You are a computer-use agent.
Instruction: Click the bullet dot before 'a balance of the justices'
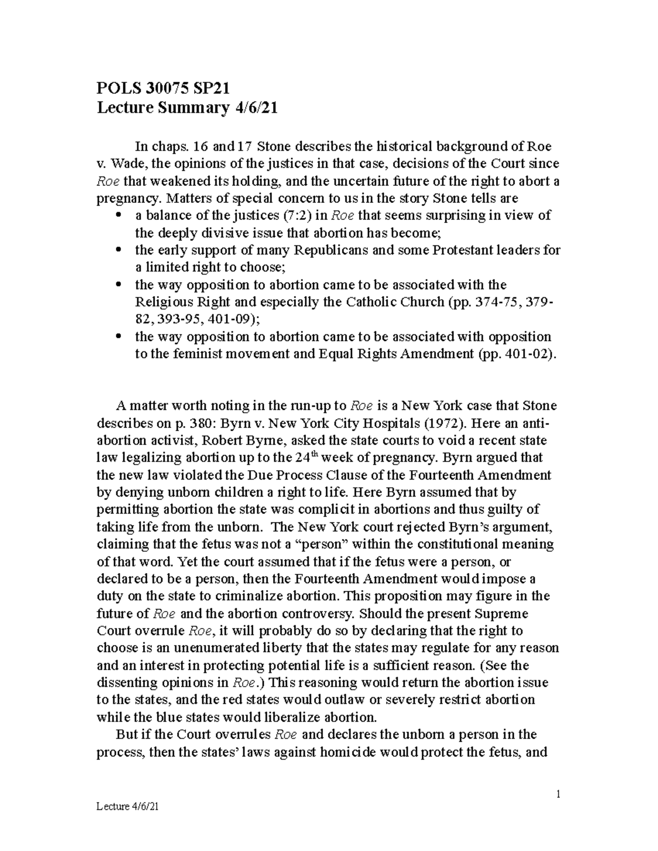click(x=118, y=215)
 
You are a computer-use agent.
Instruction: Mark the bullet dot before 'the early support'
click(x=118, y=250)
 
